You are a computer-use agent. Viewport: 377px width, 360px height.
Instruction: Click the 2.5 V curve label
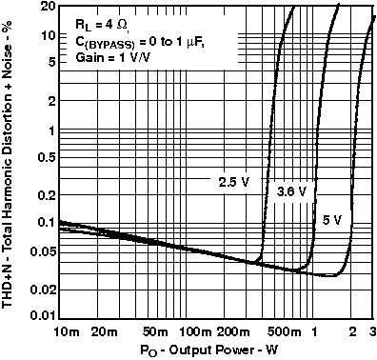(x=233, y=180)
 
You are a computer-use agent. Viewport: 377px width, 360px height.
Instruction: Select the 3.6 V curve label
(x=290, y=191)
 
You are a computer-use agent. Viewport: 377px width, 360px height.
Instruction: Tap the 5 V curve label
(x=332, y=220)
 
